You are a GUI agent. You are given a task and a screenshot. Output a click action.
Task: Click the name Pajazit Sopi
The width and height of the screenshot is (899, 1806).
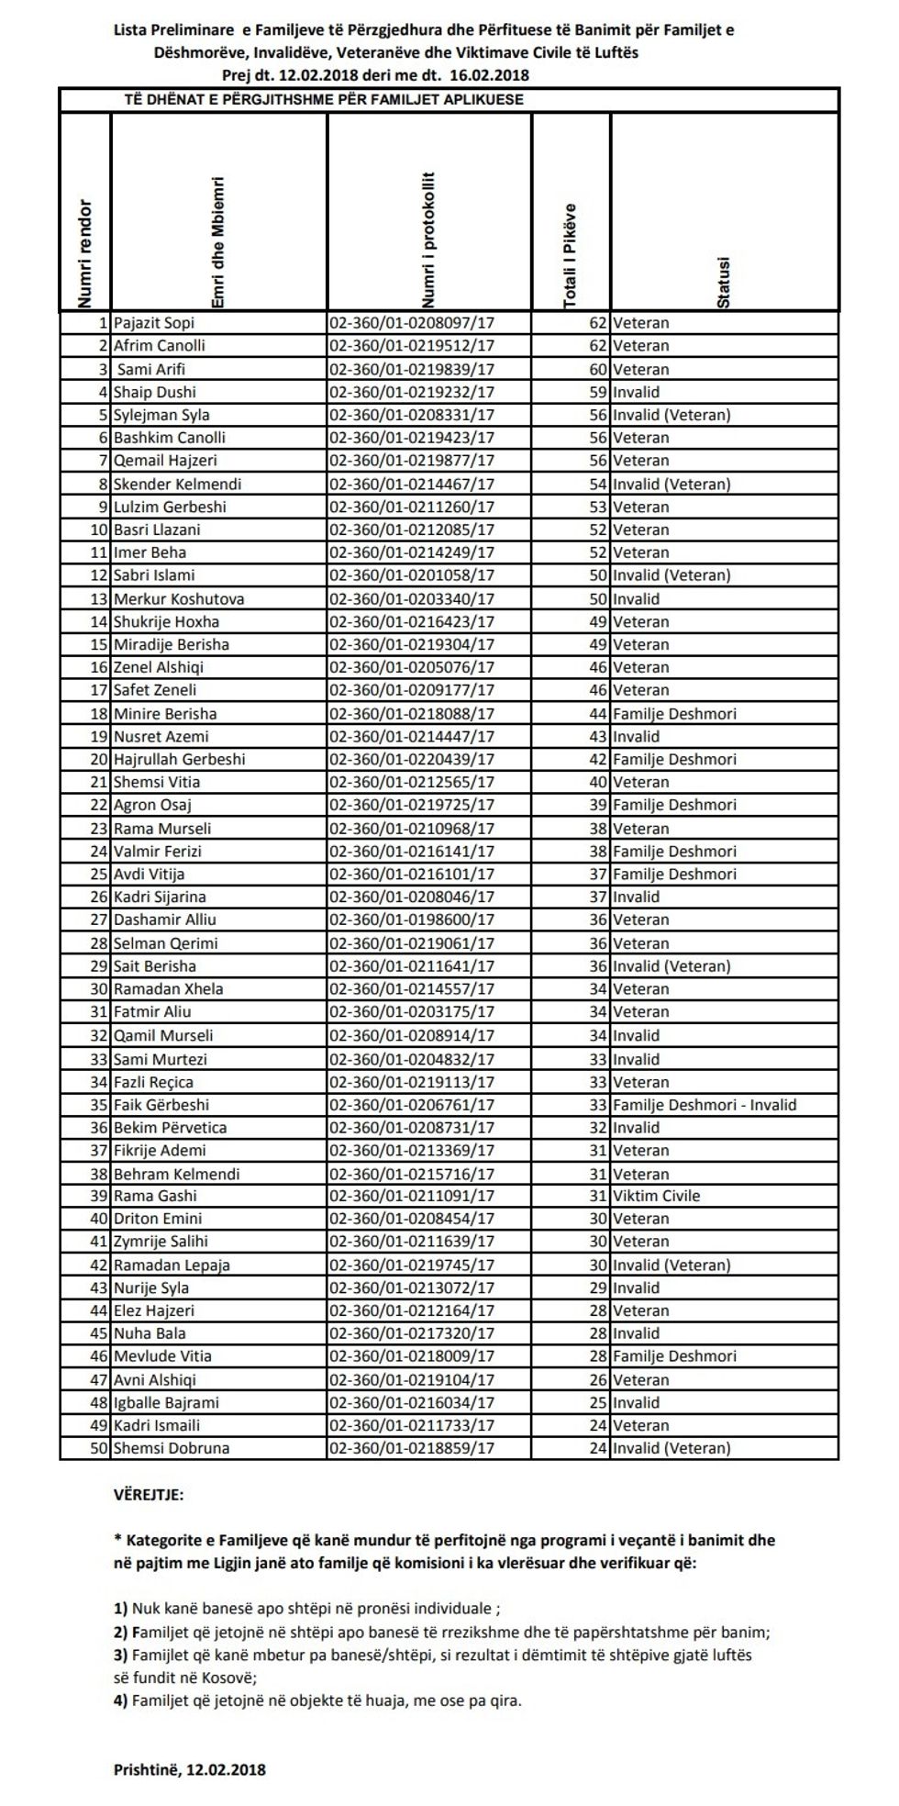(154, 323)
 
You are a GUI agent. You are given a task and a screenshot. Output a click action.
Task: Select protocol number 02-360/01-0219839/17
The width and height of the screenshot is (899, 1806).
(411, 369)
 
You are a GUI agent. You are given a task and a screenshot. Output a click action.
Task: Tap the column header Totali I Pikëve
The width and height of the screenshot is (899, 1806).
(571, 255)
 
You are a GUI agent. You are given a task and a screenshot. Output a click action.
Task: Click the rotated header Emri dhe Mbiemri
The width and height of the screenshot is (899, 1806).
(218, 243)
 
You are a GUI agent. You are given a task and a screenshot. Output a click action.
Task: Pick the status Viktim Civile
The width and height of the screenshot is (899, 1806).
(656, 1196)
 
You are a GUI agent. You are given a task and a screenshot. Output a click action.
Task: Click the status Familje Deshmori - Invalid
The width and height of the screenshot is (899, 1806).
(705, 1105)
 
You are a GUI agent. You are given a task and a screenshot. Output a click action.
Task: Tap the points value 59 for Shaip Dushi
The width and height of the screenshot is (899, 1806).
(598, 392)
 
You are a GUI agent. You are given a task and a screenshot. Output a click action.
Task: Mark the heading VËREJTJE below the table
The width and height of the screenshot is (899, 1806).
(149, 1495)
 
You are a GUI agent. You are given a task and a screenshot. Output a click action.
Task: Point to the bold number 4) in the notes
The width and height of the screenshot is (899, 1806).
(120, 1700)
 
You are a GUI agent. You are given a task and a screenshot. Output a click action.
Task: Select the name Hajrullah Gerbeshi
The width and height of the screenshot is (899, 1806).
(180, 759)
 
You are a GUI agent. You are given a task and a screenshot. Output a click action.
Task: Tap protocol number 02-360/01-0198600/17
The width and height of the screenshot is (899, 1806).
(411, 920)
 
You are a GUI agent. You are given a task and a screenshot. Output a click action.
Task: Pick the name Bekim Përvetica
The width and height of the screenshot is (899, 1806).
(170, 1127)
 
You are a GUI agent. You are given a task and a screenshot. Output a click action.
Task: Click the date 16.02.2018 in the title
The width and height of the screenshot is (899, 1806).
(492, 75)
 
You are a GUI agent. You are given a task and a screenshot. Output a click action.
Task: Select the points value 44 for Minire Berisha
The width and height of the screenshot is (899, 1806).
(598, 713)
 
